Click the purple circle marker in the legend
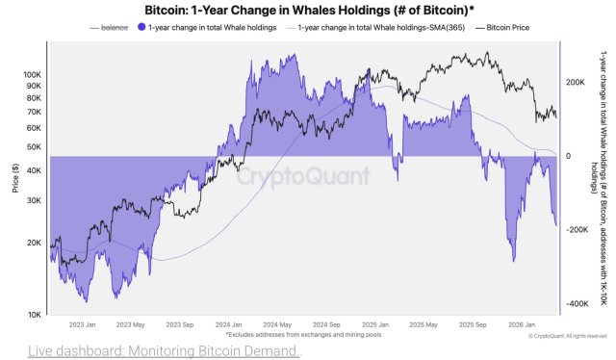142,28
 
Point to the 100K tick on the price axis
34,74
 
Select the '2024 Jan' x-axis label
229,324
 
